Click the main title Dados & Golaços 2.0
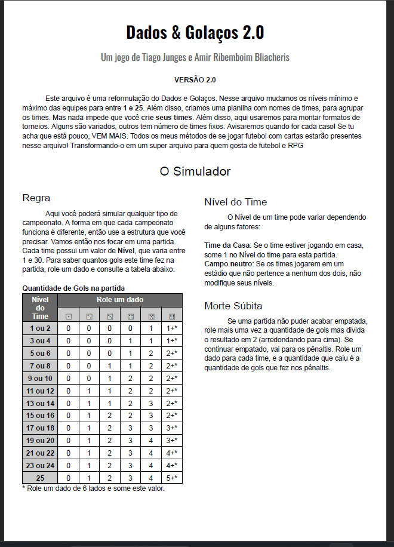[195, 32]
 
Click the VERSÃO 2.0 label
[195, 79]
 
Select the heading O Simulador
[195, 171]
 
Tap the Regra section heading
[36, 198]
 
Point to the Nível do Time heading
[235, 202]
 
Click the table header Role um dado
[120, 300]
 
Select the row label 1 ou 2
[40, 328]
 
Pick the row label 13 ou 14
[40, 403]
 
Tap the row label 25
[40, 478]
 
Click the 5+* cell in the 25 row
[172, 478]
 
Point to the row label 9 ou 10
[40, 378]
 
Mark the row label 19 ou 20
[40, 441]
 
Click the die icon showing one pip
[69, 316]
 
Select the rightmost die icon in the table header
[172, 316]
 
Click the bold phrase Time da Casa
[227, 245]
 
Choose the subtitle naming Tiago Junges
[195, 57]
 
